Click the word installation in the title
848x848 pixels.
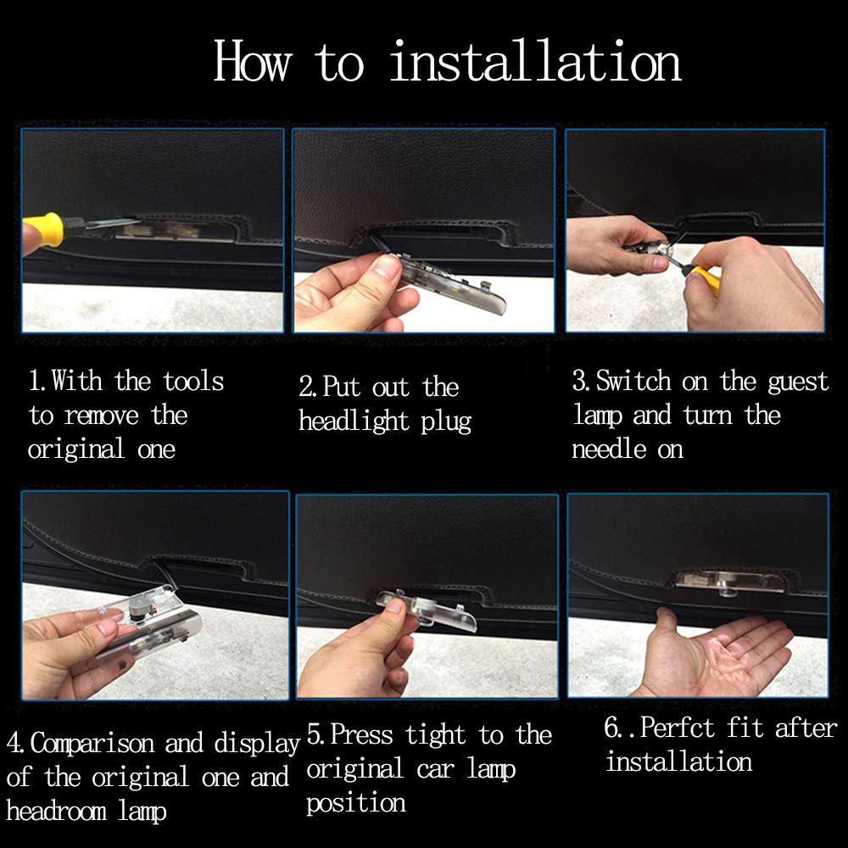pos(535,61)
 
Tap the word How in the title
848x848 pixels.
pos(253,61)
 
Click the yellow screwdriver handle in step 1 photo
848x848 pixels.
pos(45,231)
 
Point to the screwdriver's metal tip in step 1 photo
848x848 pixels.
pos(112,223)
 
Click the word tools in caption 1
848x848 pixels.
pos(193,382)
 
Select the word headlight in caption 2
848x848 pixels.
pos(354,421)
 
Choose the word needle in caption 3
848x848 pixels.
pos(609,449)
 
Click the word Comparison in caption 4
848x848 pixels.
pos(92,744)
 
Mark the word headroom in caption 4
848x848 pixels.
pos(56,811)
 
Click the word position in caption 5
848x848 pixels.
pos(356,804)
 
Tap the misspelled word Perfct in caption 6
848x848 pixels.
pos(677,728)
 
